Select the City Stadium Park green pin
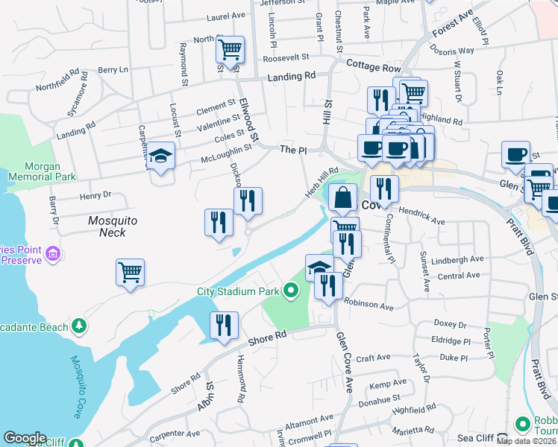pyautogui.click(x=291, y=291)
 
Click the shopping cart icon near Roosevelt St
pyautogui.click(x=230, y=50)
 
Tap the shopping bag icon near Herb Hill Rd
pyautogui.click(x=342, y=198)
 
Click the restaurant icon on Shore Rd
pyautogui.click(x=223, y=325)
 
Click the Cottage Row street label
pyautogui.click(x=374, y=66)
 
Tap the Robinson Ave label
pyautogui.click(x=369, y=306)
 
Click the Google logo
pyautogui.click(x=25, y=439)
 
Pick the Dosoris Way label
pyautogui.click(x=456, y=51)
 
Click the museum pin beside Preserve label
pyautogui.click(x=53, y=256)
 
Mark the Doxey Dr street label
pyautogui.click(x=449, y=326)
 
